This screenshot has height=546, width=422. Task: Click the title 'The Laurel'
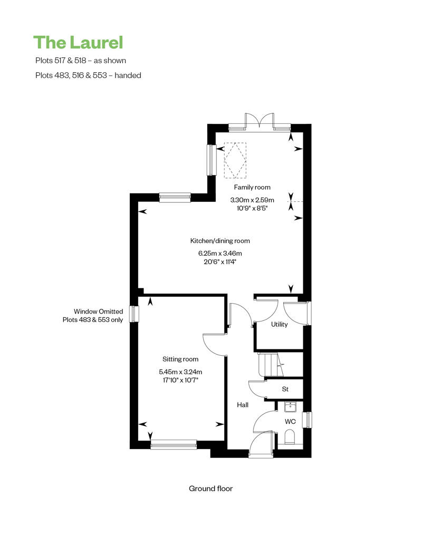coord(79,43)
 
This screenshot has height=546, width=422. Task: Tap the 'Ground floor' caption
coord(210,489)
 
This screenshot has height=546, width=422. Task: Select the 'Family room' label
coord(252,187)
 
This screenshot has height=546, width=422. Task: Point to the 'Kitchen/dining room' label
coord(220,241)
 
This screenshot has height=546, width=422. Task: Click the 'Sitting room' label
coord(180,359)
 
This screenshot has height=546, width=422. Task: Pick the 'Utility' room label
coord(279,324)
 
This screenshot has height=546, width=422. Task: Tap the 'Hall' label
coord(243,405)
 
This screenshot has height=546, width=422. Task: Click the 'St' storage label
coord(285,389)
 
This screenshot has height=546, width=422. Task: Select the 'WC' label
coord(290,422)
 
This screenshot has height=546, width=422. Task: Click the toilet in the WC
coord(290,437)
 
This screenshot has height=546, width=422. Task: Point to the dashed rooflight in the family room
coord(235,160)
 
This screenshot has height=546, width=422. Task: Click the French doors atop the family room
coord(260,121)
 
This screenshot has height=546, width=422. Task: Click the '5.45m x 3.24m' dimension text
coord(180,372)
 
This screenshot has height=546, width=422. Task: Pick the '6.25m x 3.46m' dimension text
coord(220,253)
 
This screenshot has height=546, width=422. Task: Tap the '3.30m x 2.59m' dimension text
coord(252,200)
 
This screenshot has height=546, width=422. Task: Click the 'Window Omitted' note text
coord(98,311)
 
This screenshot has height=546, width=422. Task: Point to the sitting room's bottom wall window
coord(174,445)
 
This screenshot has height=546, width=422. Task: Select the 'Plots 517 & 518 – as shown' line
coord(81,60)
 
